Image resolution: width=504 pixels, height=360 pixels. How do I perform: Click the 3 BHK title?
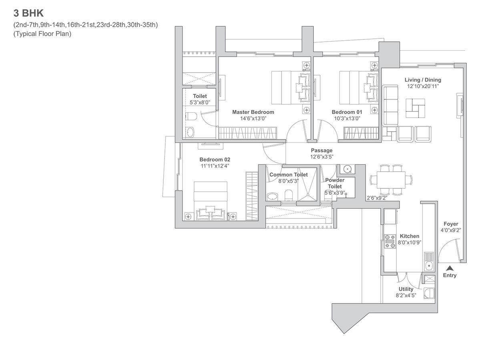(x=28, y=13)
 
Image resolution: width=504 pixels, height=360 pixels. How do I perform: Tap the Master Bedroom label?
(x=253, y=112)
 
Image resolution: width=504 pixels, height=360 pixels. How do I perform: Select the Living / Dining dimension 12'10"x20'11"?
(x=423, y=86)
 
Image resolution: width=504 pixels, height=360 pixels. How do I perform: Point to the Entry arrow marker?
(x=450, y=268)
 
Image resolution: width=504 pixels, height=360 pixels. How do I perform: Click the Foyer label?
(x=451, y=224)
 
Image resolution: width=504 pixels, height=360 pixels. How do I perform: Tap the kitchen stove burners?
(x=390, y=242)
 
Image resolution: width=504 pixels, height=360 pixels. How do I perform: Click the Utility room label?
(x=406, y=289)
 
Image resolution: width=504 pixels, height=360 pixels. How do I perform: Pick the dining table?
(x=391, y=180)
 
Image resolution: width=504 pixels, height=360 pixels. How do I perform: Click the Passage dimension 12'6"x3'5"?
(x=322, y=157)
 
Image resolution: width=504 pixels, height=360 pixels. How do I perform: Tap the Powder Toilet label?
(x=335, y=183)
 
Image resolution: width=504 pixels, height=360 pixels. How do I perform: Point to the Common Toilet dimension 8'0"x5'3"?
(x=289, y=181)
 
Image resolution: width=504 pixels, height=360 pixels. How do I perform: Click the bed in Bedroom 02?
(x=211, y=201)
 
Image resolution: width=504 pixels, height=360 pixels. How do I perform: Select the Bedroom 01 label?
(x=347, y=112)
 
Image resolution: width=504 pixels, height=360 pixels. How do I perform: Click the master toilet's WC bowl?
(x=191, y=116)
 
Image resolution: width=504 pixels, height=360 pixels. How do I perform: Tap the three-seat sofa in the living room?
(x=390, y=105)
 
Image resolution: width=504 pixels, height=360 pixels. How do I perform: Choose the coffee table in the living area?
(x=416, y=108)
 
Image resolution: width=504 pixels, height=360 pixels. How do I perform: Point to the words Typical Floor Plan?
(x=42, y=34)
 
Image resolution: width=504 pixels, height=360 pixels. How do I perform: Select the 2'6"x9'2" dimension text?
(x=377, y=198)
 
